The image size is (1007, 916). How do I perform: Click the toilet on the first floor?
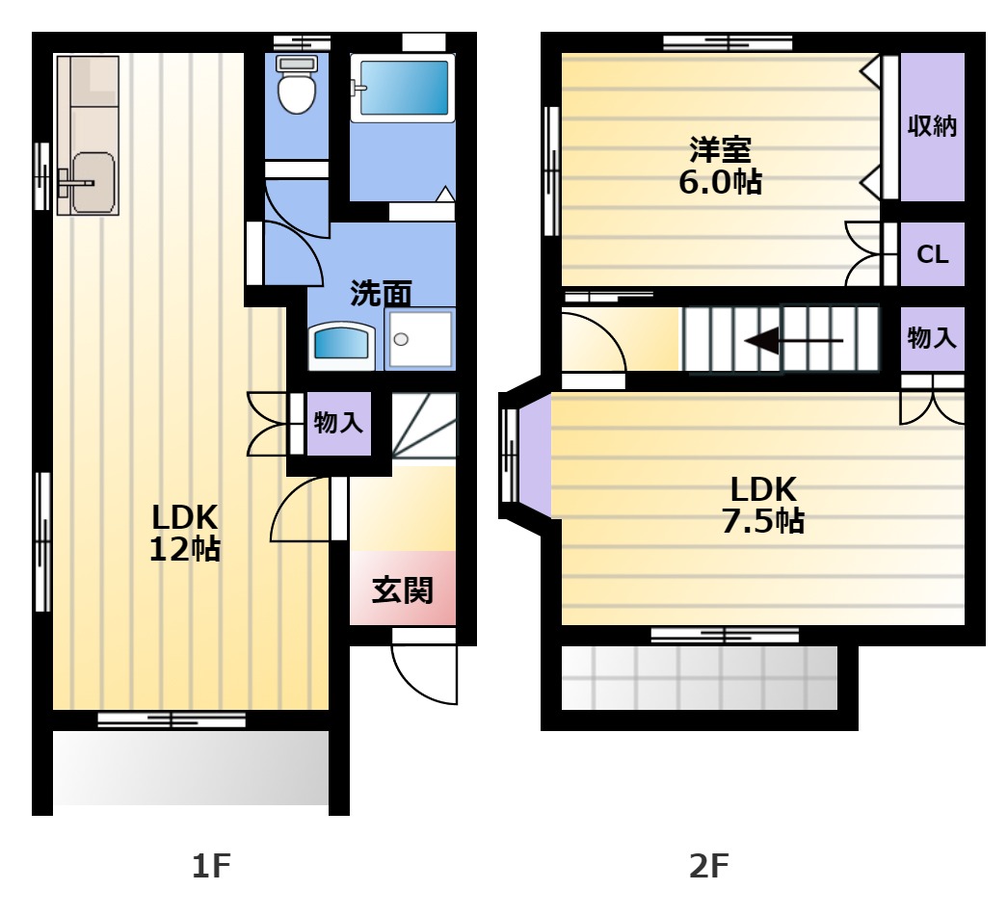coord(297,84)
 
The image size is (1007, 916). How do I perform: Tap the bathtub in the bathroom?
coord(403,88)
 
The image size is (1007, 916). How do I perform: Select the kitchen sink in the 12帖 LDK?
coord(93,182)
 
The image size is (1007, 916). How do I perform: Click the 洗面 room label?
coord(381,293)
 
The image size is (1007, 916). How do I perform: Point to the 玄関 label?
coord(403,590)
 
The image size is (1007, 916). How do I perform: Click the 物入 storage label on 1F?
coord(338,423)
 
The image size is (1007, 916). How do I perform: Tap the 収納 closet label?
coord(932,126)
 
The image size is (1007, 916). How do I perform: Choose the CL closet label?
coord(933,255)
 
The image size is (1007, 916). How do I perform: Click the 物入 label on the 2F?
coord(932,338)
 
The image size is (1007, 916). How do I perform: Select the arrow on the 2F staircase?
coord(793,340)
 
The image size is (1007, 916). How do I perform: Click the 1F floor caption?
coord(211,866)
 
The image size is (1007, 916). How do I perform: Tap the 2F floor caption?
coord(709,866)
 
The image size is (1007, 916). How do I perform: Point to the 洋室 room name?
coord(721,149)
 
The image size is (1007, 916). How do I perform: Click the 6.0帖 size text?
coord(721,182)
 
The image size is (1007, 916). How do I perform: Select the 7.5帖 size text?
coord(763,520)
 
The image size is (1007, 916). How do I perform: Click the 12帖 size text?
coord(185,549)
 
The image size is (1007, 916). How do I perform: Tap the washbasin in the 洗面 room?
coord(342,346)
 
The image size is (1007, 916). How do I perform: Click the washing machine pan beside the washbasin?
coord(420,340)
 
